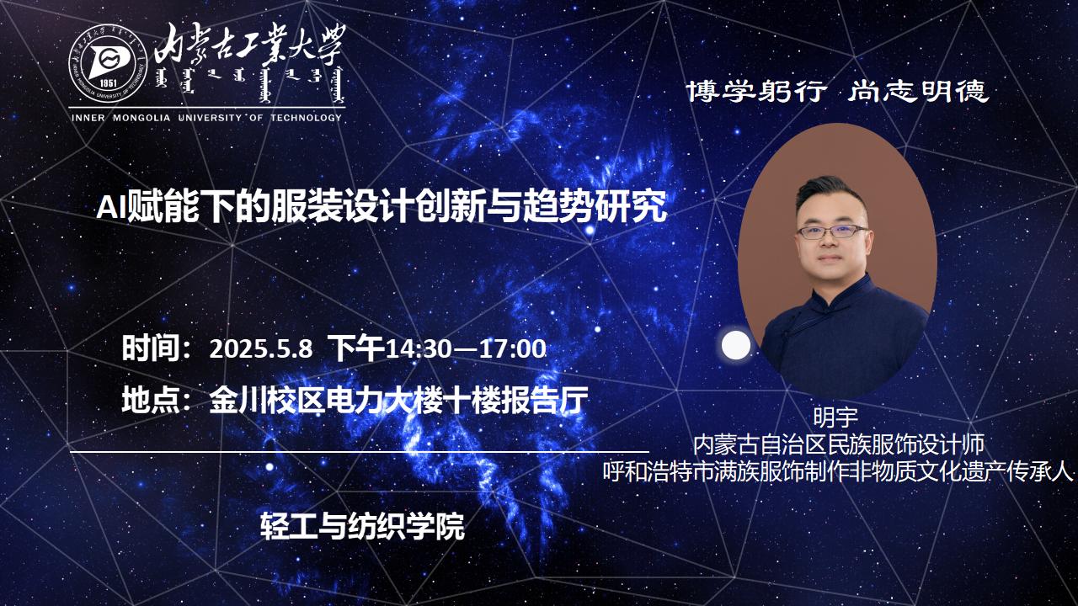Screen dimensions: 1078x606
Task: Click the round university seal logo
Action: [107, 62]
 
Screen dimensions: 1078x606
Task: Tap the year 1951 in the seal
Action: [109, 82]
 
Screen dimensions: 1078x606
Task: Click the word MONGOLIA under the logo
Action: [141, 118]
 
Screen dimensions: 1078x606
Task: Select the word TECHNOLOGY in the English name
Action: [306, 118]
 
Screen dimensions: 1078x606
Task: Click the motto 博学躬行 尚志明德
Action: [837, 91]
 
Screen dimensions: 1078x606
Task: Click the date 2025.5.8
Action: [261, 348]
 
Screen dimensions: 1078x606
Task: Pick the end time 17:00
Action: [514, 348]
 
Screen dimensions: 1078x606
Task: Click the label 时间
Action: [151, 348]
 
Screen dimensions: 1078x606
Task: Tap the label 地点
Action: [151, 400]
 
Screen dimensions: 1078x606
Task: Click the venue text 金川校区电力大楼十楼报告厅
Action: [398, 400]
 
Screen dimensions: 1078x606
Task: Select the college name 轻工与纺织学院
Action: [362, 526]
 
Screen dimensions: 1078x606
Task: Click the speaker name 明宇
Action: [835, 417]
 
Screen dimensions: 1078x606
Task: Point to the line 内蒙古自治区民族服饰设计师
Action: [838, 445]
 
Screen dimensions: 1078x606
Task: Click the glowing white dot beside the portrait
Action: [736, 345]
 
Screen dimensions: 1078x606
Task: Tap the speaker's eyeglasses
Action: [833, 231]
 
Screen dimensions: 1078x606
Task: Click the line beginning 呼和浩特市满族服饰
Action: [838, 472]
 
